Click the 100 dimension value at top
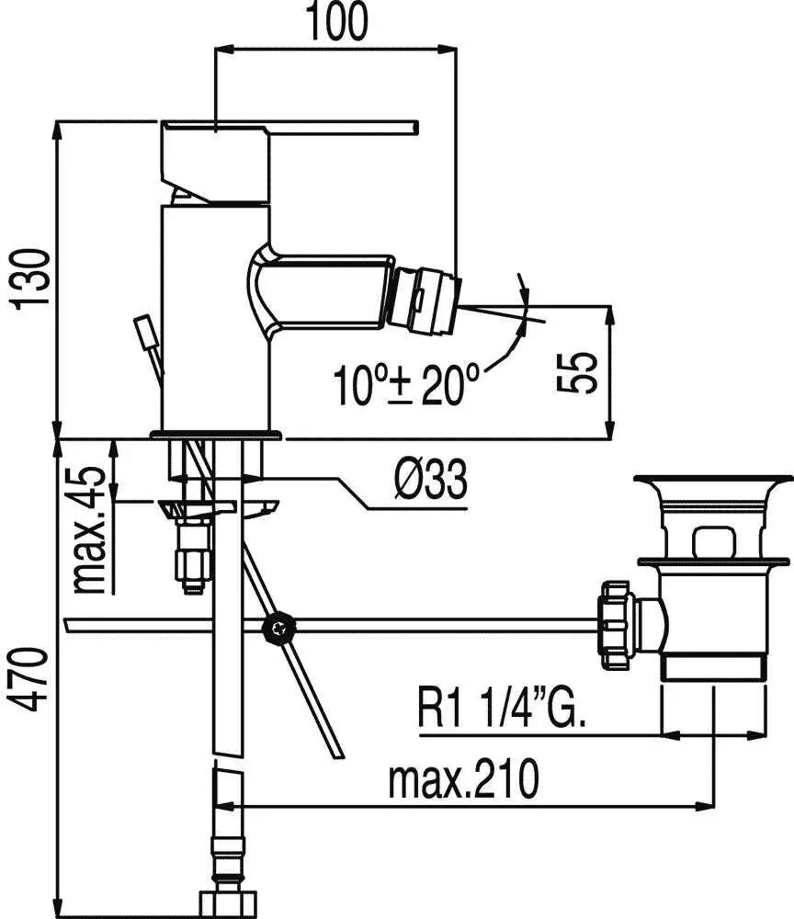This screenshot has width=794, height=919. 337,21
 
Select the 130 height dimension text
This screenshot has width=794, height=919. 29,279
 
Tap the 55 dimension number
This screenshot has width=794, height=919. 576,372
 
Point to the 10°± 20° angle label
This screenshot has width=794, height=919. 406,384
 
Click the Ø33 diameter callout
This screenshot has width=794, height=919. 431,479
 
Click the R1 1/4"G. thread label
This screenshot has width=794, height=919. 501,708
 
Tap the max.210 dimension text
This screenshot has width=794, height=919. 462,778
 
